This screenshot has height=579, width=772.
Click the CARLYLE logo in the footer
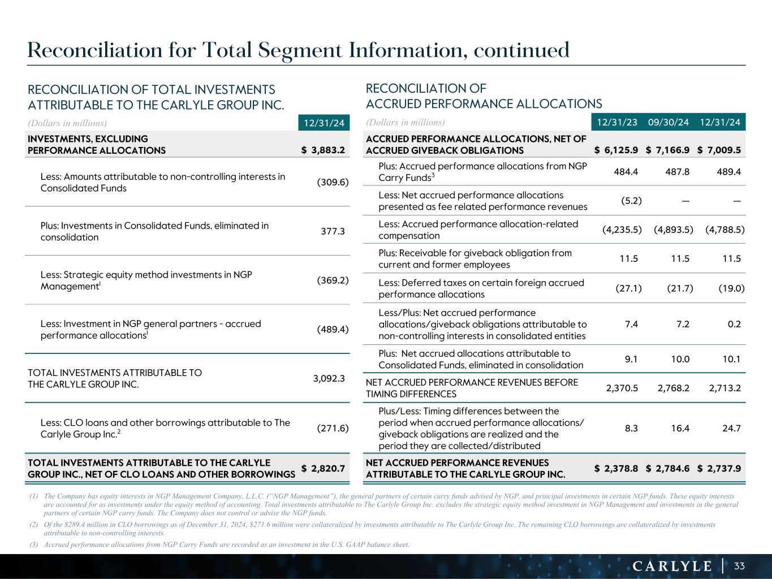[671, 566]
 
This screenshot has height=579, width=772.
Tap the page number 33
[740, 566]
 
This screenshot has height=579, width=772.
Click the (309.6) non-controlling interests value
[333, 182]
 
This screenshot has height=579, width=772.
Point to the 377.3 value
[333, 231]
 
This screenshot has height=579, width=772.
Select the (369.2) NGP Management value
[333, 280]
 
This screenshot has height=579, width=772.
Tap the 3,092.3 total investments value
[329, 378]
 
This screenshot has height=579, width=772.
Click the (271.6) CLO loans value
[333, 428]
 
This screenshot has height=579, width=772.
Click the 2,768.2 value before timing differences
[673, 388]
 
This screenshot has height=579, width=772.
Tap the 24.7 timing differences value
[732, 428]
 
